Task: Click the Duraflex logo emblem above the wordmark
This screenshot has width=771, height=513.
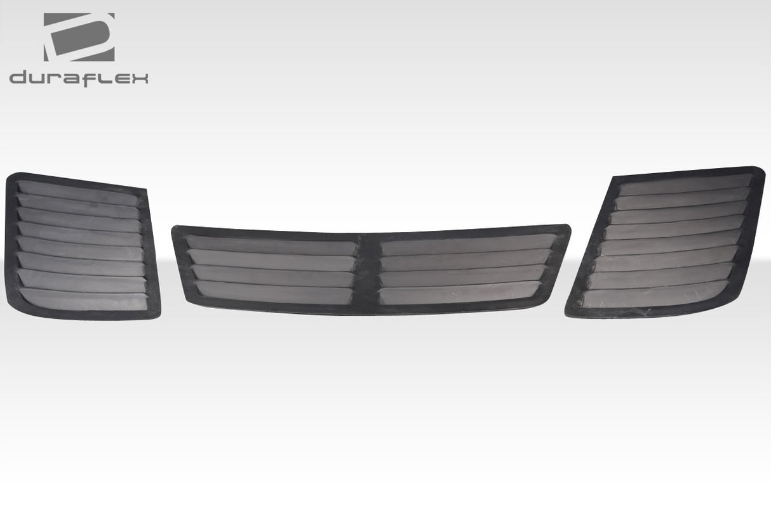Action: point(79,37)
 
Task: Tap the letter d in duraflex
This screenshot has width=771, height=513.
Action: point(19,78)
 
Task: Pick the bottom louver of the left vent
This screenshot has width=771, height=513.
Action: point(83,299)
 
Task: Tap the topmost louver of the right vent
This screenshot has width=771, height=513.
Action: point(685,185)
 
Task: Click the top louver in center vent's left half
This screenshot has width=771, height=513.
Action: point(272,244)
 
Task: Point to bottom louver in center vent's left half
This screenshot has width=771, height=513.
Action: point(274,292)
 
